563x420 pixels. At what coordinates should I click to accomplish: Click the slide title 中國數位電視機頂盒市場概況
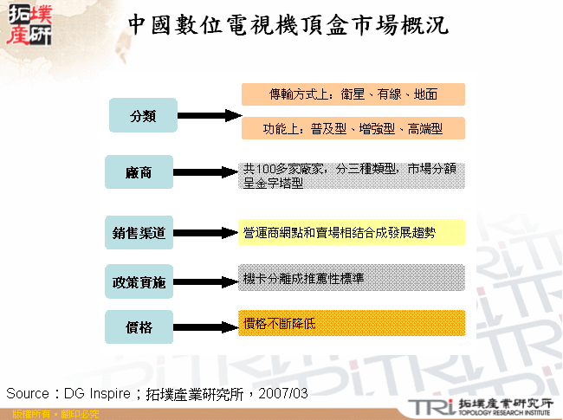pos(288,25)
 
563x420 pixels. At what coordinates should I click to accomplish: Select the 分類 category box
pos(143,116)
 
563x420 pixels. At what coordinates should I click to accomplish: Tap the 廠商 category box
pos(139,172)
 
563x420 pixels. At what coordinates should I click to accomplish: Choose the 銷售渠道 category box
pos(139,232)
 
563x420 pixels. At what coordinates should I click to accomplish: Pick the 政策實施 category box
pos(139,282)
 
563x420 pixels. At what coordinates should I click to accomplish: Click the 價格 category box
pos(139,327)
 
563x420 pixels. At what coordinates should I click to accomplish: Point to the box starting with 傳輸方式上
pos(353,94)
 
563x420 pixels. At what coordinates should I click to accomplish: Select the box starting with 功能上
pos(353,128)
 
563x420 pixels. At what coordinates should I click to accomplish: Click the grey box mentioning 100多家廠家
pos(353,176)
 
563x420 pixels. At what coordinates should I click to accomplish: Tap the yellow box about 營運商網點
pos(353,233)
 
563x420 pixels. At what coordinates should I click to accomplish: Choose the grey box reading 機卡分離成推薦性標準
pos(353,278)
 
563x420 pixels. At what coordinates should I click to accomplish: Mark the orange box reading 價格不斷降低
pos(353,323)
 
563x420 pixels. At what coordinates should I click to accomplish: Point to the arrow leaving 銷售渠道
pos(206,233)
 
